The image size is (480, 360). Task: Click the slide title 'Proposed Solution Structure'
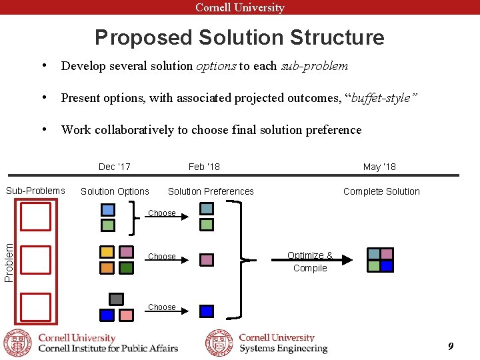[x=239, y=37]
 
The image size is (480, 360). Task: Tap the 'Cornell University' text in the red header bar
[x=240, y=7]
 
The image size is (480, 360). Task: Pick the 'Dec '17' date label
[x=115, y=167]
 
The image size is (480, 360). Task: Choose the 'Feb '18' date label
[x=204, y=167]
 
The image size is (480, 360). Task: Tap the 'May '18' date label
[x=379, y=167]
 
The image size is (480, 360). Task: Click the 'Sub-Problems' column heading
[x=35, y=191]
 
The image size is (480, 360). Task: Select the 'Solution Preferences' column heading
[x=211, y=191]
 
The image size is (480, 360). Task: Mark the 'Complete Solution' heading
[x=381, y=191]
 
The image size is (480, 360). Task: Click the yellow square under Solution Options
[x=107, y=252]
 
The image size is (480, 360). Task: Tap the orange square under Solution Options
[x=107, y=268]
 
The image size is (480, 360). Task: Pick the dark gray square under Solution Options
[x=116, y=299]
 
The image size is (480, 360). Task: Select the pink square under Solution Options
[x=126, y=315]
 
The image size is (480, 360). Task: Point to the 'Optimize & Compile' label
[x=310, y=261]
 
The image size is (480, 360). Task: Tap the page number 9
[x=451, y=346]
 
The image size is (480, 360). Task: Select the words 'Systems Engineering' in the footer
[x=283, y=349]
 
